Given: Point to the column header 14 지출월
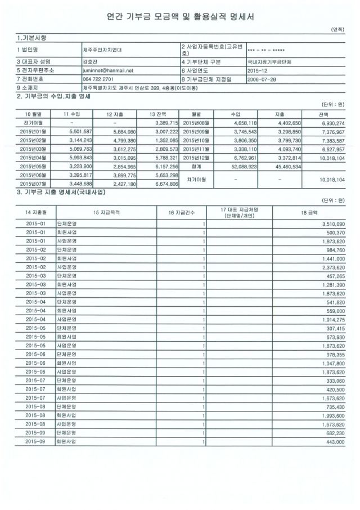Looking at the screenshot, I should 35,212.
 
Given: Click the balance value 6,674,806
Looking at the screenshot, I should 165,184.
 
